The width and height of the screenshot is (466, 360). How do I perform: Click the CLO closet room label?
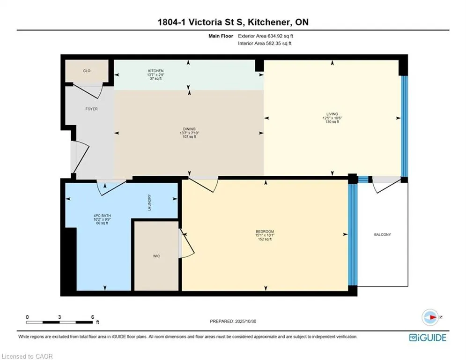click(x=87, y=71)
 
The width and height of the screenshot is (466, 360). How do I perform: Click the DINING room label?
click(x=189, y=129)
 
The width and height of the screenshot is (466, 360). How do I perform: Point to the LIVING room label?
click(x=332, y=113)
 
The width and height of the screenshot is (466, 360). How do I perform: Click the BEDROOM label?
click(x=265, y=232)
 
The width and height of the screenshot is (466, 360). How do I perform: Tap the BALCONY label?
click(x=382, y=234)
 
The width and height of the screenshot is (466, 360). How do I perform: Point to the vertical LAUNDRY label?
click(x=149, y=203)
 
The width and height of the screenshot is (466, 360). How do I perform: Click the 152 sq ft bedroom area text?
click(x=265, y=240)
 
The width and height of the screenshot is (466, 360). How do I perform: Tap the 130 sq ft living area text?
click(x=332, y=121)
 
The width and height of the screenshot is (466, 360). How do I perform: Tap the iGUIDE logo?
click(x=427, y=337)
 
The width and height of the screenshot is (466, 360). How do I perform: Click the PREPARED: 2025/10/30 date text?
click(x=233, y=321)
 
